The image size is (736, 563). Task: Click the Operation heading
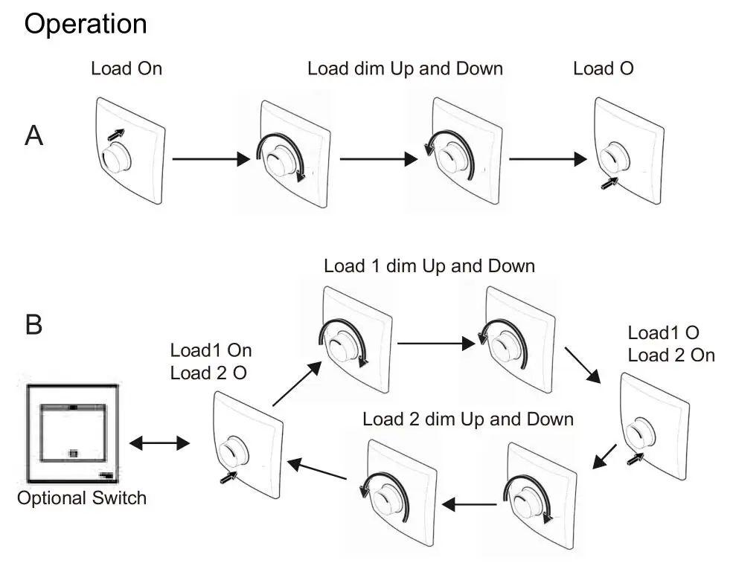(x=86, y=25)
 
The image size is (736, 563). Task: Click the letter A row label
(x=33, y=135)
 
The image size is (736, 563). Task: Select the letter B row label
(x=33, y=325)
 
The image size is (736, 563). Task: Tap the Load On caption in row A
(x=127, y=68)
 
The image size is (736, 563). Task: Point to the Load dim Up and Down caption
(x=405, y=68)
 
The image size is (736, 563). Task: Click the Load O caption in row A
(x=604, y=68)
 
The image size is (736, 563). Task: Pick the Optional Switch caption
(x=82, y=498)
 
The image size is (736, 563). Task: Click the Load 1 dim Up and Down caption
(x=429, y=266)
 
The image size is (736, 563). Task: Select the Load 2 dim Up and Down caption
(x=468, y=419)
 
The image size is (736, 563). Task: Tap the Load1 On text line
(x=211, y=350)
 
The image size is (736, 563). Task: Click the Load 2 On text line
(x=671, y=356)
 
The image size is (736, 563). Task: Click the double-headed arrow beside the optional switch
(x=159, y=443)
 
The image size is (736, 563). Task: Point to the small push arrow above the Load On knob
(x=116, y=135)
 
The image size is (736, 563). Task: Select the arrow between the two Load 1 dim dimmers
(x=436, y=344)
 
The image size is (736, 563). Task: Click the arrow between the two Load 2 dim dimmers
(x=469, y=505)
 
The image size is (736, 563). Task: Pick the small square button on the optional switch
(x=73, y=453)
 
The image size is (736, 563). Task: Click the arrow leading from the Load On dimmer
(x=211, y=159)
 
